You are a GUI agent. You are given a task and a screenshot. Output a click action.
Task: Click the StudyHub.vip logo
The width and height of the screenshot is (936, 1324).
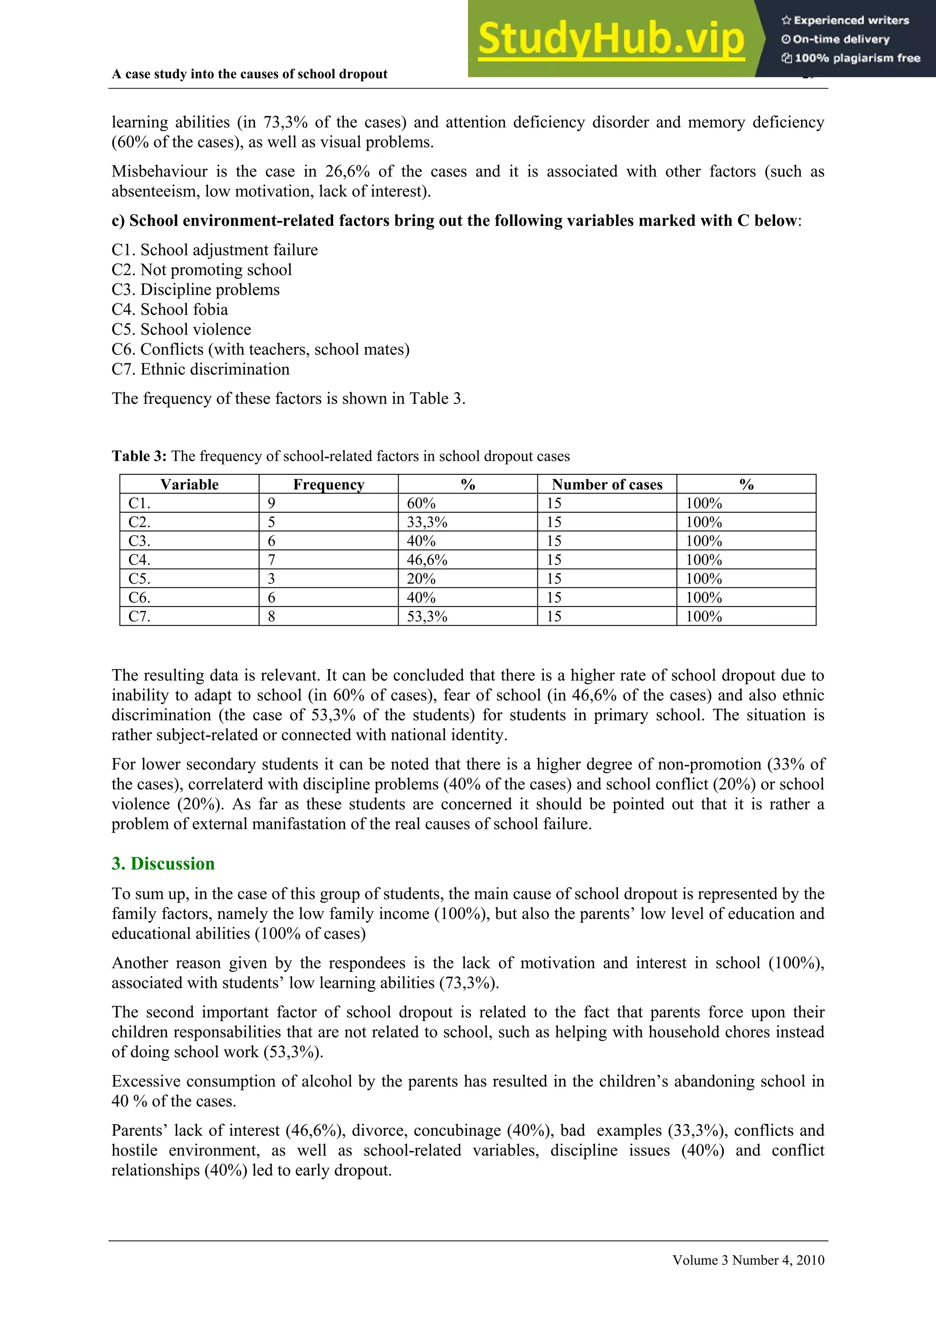click(612, 39)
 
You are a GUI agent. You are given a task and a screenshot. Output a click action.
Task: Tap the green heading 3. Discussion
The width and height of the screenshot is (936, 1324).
click(163, 863)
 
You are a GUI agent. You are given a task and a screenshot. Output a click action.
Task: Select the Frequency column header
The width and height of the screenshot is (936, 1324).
click(328, 484)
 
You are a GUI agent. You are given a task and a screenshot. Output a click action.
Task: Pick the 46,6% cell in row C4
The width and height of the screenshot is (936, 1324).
click(427, 560)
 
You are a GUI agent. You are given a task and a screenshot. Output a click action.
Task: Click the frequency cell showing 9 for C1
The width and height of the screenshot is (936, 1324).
click(271, 504)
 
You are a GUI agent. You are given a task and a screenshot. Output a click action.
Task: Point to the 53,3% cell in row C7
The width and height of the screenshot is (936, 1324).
click(427, 617)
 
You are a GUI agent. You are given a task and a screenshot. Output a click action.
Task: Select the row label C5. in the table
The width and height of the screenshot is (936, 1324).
click(139, 579)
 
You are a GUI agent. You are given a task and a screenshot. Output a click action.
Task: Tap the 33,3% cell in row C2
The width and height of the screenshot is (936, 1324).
click(427, 522)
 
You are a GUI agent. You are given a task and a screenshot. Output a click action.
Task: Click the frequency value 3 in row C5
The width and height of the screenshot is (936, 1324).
click(271, 579)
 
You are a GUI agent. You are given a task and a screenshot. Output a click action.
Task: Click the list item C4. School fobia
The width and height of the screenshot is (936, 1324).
click(170, 310)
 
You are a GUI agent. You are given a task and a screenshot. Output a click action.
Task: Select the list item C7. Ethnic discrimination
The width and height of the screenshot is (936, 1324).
click(200, 369)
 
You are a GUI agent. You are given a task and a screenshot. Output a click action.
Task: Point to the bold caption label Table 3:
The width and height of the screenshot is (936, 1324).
click(139, 456)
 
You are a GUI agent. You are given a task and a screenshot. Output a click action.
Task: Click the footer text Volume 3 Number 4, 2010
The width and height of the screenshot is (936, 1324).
click(748, 1260)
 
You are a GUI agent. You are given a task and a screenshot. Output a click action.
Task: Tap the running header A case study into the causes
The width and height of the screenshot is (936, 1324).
click(249, 74)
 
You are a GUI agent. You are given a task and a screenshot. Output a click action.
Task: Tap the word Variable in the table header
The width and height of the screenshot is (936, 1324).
click(189, 484)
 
